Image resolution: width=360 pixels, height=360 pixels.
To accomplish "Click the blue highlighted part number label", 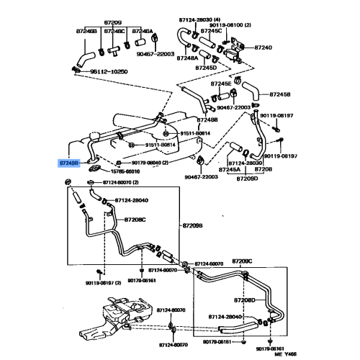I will [68, 163].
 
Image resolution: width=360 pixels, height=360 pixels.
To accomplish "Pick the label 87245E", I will [221, 84].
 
